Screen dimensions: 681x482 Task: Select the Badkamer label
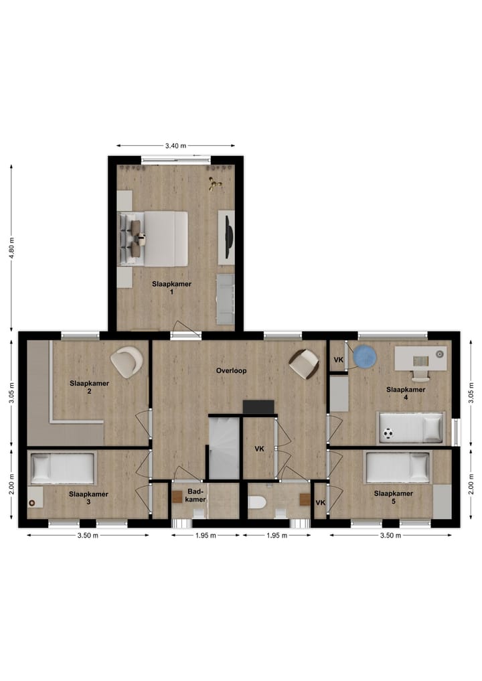click(x=196, y=494)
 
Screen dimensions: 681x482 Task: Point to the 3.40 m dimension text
click(x=175, y=145)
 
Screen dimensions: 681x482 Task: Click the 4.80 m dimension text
click(x=11, y=249)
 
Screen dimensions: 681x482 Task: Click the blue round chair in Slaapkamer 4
click(x=366, y=356)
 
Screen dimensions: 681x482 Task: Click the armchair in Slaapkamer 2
click(x=127, y=362)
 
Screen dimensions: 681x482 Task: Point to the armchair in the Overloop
click(x=303, y=364)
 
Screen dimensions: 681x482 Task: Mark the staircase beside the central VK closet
click(x=224, y=447)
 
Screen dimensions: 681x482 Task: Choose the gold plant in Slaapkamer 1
click(x=215, y=184)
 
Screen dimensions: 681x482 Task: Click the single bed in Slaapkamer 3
click(x=62, y=467)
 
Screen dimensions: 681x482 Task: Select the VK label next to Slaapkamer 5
click(x=320, y=504)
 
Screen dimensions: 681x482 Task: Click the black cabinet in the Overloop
click(x=258, y=407)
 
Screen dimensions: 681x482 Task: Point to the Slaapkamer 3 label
click(x=88, y=498)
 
